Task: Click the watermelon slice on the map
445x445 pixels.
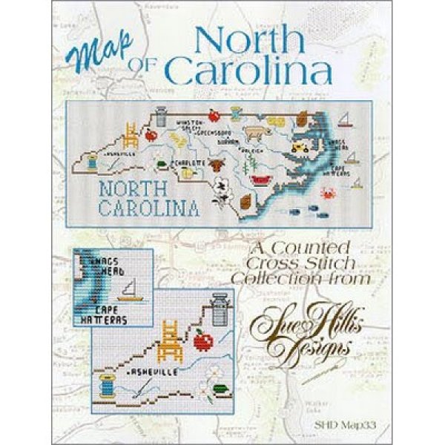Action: pyautogui.click(x=262, y=179)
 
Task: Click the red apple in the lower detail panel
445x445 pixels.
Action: pyautogui.click(x=200, y=342)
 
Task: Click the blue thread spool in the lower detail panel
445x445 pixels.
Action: pyautogui.click(x=108, y=386)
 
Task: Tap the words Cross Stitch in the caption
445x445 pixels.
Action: pyautogui.click(x=277, y=264)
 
